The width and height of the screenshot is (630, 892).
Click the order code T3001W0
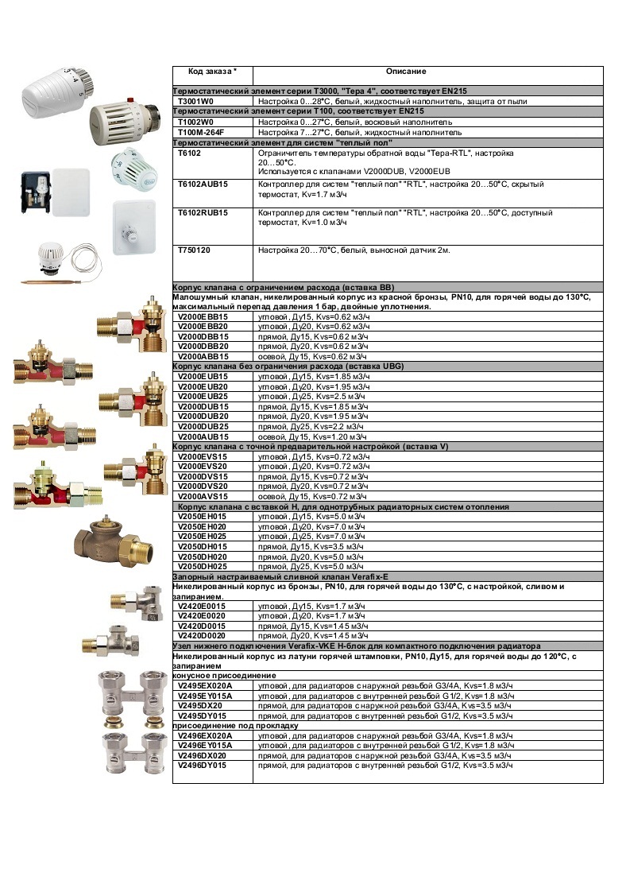coord(195,102)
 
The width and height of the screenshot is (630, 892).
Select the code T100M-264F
coord(201,132)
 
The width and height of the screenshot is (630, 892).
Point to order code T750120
coord(195,250)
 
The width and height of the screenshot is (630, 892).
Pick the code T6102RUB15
coord(203,213)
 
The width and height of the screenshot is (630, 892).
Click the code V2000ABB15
coord(203,357)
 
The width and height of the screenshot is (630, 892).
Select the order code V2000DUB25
coord(203,427)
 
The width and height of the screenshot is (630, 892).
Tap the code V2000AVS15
coord(203,496)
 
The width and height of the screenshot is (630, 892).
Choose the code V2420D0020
coord(202,636)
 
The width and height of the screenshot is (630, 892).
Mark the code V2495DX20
coord(200,705)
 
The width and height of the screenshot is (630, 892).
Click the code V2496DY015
coord(203,765)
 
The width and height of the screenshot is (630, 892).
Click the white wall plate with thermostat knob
coord(132,226)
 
